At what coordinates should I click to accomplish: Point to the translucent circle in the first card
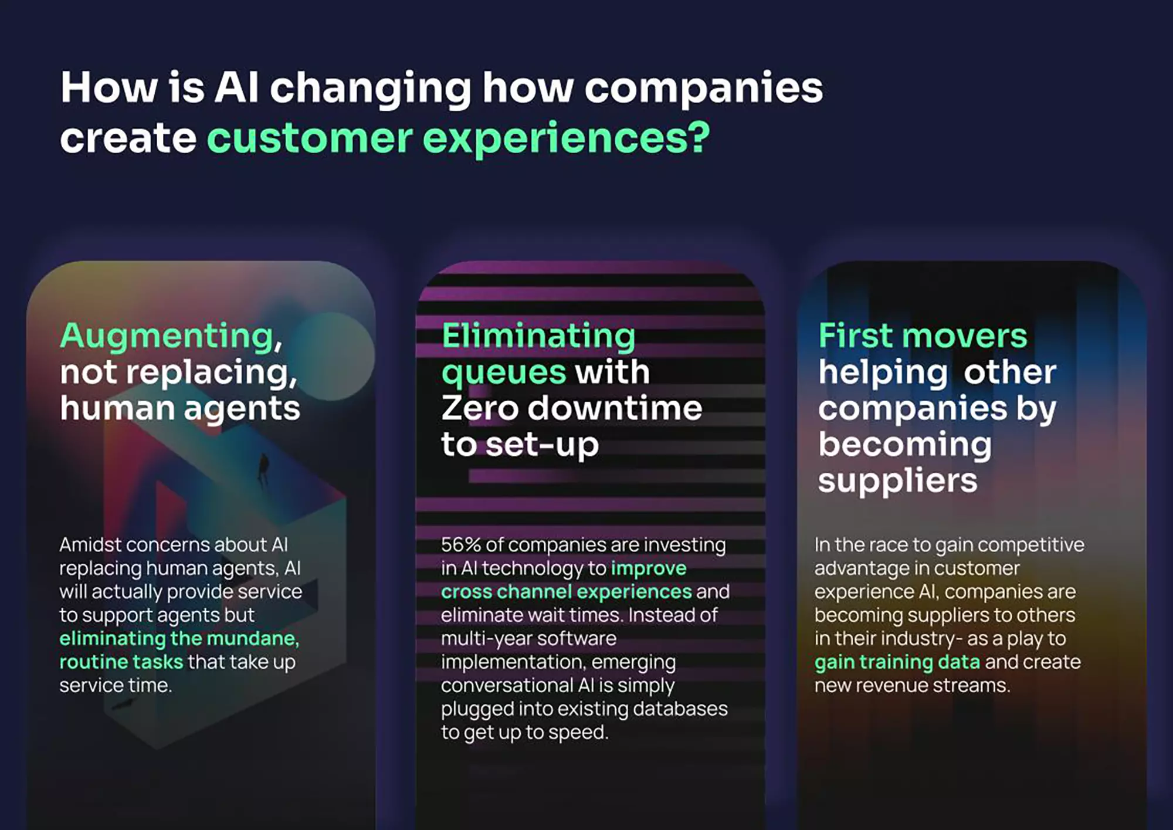pos(333,356)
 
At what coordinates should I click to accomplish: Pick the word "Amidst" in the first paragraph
pos(90,544)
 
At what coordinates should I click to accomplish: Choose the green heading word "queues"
pos(504,374)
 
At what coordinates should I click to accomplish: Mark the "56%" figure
pos(460,544)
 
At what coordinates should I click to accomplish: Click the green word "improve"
pos(649,569)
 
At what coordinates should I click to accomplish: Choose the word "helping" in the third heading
pos(883,374)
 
